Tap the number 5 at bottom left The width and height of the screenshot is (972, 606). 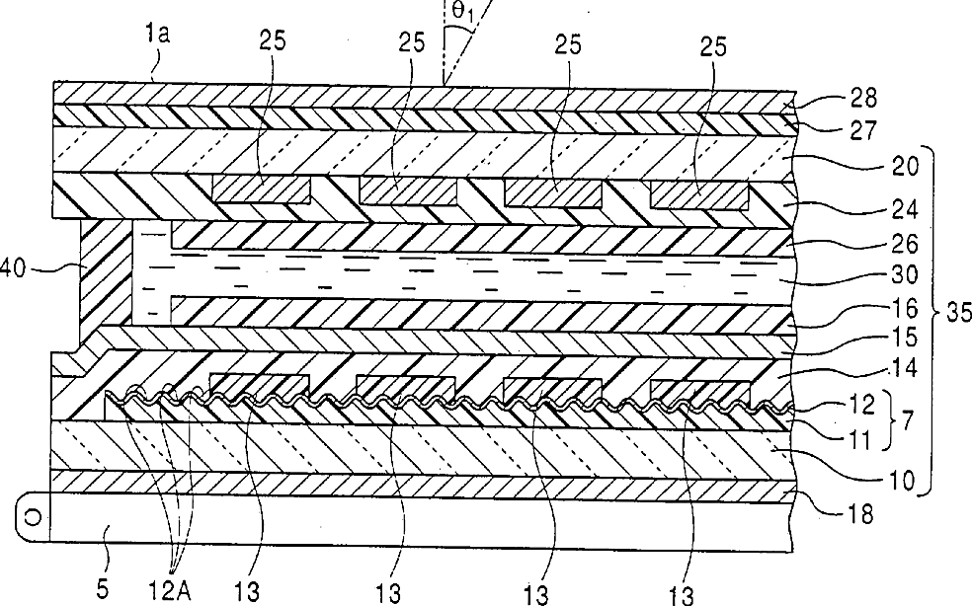106,589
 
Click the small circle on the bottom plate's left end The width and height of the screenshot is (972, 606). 32,516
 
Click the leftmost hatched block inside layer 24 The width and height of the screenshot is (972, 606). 261,189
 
